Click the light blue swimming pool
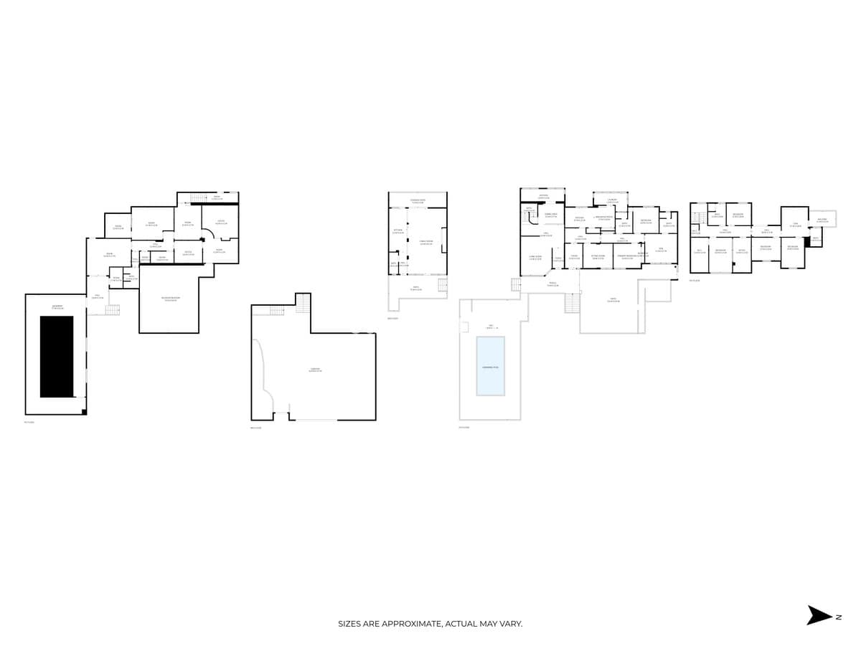(x=490, y=365)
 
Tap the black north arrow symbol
(x=819, y=615)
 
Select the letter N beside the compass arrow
(x=838, y=617)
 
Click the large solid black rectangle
(x=56, y=357)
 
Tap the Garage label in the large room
(x=315, y=370)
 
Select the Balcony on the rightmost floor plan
(x=822, y=220)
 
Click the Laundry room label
(x=612, y=201)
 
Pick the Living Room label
(x=535, y=257)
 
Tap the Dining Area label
(x=550, y=215)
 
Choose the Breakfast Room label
(x=604, y=218)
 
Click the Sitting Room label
(x=598, y=256)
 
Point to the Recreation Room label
(x=169, y=299)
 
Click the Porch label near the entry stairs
(x=552, y=284)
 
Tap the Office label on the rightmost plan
(x=742, y=251)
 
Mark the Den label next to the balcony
(x=795, y=224)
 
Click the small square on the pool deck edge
(x=464, y=327)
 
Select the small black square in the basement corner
(x=84, y=411)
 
